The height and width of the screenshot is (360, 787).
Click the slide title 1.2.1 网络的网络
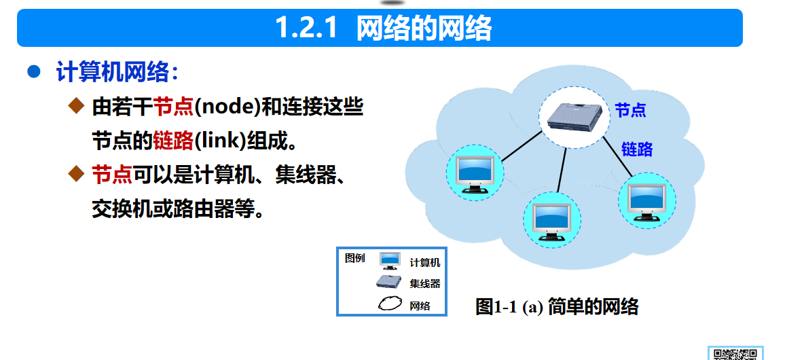(383, 29)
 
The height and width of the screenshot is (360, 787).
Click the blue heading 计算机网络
(113, 73)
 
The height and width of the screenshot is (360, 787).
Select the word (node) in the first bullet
(227, 107)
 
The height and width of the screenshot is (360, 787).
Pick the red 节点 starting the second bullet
(112, 175)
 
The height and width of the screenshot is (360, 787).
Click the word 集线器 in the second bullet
(306, 175)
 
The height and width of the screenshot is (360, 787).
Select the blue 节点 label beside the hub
(630, 110)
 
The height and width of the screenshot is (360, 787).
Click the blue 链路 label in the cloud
(637, 149)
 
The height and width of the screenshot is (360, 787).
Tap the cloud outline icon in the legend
(390, 304)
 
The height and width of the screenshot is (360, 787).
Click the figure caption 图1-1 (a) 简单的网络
(557, 307)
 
